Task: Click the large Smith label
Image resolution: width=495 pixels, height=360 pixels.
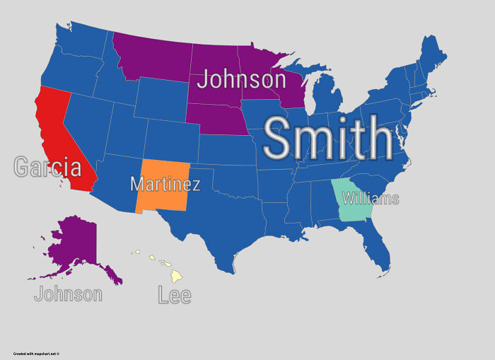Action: [x=327, y=139]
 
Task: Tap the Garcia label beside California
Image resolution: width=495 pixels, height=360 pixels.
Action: [x=47, y=167]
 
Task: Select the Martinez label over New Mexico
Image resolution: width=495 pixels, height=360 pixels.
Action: [x=165, y=185]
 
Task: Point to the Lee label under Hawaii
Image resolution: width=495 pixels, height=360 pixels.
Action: [x=174, y=294]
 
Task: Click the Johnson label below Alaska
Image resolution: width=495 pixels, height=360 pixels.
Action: [x=68, y=294]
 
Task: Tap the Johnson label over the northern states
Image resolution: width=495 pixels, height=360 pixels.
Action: [x=241, y=79]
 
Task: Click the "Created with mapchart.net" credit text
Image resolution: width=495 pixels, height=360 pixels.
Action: [x=36, y=354]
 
